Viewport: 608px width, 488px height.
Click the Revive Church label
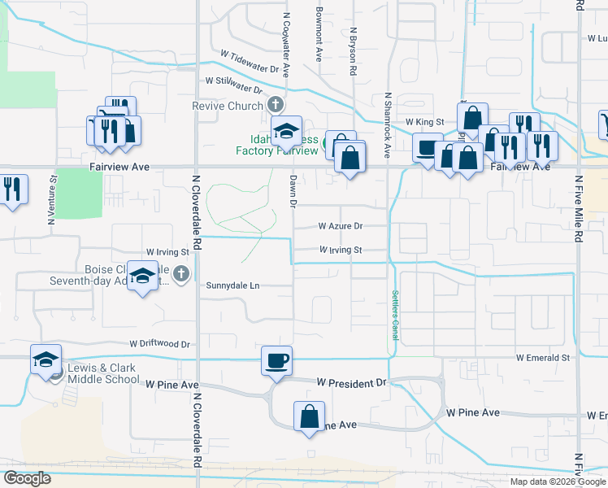point(228,106)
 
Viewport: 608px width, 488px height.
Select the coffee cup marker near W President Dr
point(276,359)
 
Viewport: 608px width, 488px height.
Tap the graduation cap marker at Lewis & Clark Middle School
point(46,359)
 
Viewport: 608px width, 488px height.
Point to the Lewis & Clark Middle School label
point(103,373)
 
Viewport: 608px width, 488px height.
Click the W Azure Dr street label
point(340,225)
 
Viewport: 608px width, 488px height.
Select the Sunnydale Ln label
point(232,285)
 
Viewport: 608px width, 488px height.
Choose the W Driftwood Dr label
point(159,345)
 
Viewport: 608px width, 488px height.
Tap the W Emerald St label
point(542,358)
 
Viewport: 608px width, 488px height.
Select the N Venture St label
point(52,200)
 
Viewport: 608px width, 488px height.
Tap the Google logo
point(27,478)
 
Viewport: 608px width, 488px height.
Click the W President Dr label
point(353,382)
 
